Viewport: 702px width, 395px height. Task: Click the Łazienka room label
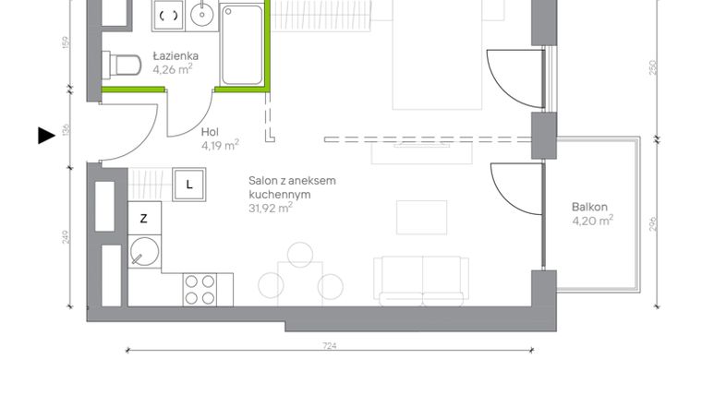point(175,55)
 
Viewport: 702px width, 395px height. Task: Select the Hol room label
point(211,131)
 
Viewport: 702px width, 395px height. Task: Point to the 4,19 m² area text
point(220,144)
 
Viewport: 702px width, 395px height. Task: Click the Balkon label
point(589,208)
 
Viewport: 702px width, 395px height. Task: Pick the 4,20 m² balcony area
point(592,221)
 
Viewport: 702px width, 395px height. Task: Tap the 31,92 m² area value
point(271,208)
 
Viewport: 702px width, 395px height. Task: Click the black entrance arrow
point(46,136)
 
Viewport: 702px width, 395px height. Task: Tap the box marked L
point(189,184)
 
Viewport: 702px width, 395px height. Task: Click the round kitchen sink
point(144,251)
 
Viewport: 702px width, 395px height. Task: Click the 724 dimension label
point(330,345)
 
